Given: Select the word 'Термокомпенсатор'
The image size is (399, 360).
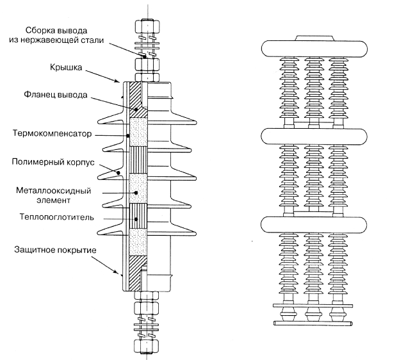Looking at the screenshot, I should coord(50,135).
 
